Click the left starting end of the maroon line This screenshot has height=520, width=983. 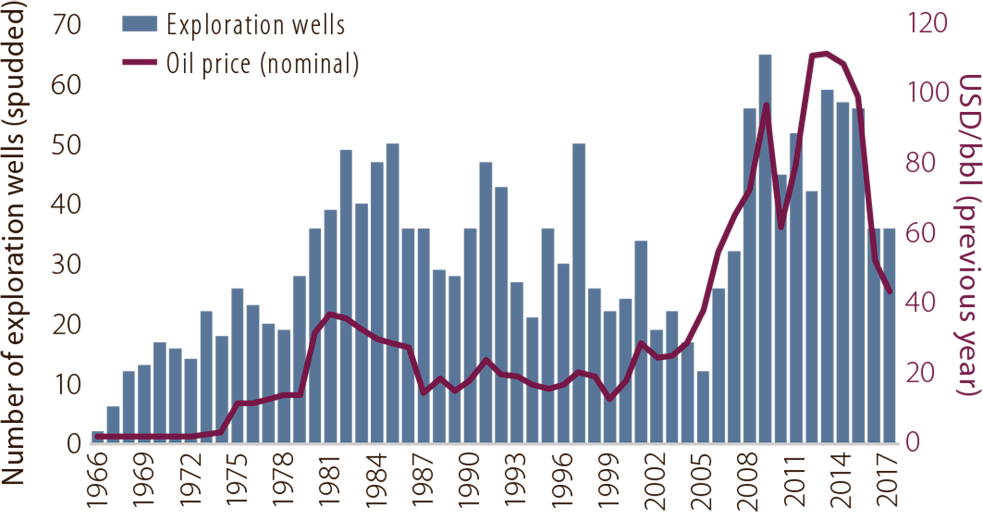(x=97, y=436)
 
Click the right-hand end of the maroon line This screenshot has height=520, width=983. (x=890, y=292)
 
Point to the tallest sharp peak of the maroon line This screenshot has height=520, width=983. (x=766, y=105)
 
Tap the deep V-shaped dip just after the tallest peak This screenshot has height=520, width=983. (x=781, y=227)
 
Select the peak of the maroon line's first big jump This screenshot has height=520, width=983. (x=330, y=314)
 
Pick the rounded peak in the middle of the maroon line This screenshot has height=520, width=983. (x=486, y=360)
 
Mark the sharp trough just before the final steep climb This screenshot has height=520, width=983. (x=609, y=399)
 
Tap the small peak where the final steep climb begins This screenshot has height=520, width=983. (x=640, y=342)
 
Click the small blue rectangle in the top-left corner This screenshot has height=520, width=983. (x=131, y=22)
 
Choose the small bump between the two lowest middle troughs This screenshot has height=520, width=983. (x=440, y=379)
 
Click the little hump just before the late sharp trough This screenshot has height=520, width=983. (x=580, y=372)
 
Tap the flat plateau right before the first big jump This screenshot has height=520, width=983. (x=292, y=395)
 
